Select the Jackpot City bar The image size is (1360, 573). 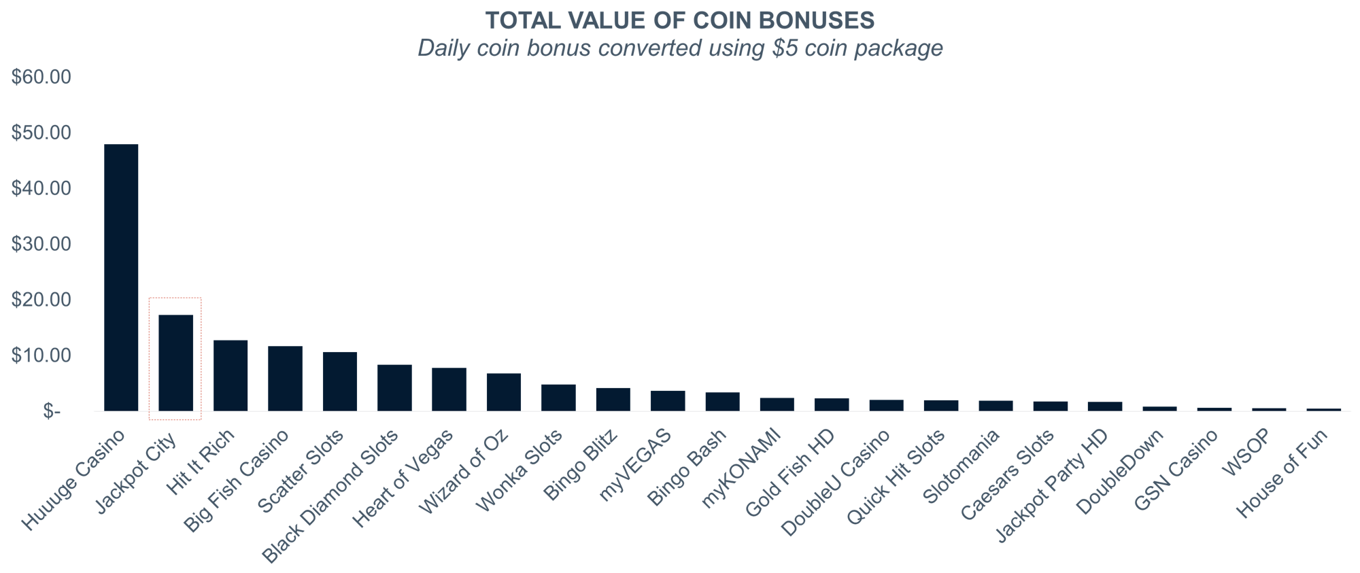click(x=175, y=363)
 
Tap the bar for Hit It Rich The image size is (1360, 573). click(x=231, y=375)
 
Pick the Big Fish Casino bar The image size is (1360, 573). click(x=285, y=379)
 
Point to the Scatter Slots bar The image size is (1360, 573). click(x=340, y=381)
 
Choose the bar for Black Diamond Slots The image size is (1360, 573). click(x=394, y=388)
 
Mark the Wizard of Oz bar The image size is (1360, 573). click(x=504, y=392)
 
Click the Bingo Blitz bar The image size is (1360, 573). click(x=613, y=400)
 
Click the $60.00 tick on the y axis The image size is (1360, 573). click(x=41, y=77)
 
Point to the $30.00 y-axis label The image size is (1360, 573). click(x=41, y=244)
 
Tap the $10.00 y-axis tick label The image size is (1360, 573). click(x=41, y=355)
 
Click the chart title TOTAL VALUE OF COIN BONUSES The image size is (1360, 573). click(x=680, y=21)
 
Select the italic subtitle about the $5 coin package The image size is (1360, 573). click(x=680, y=48)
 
